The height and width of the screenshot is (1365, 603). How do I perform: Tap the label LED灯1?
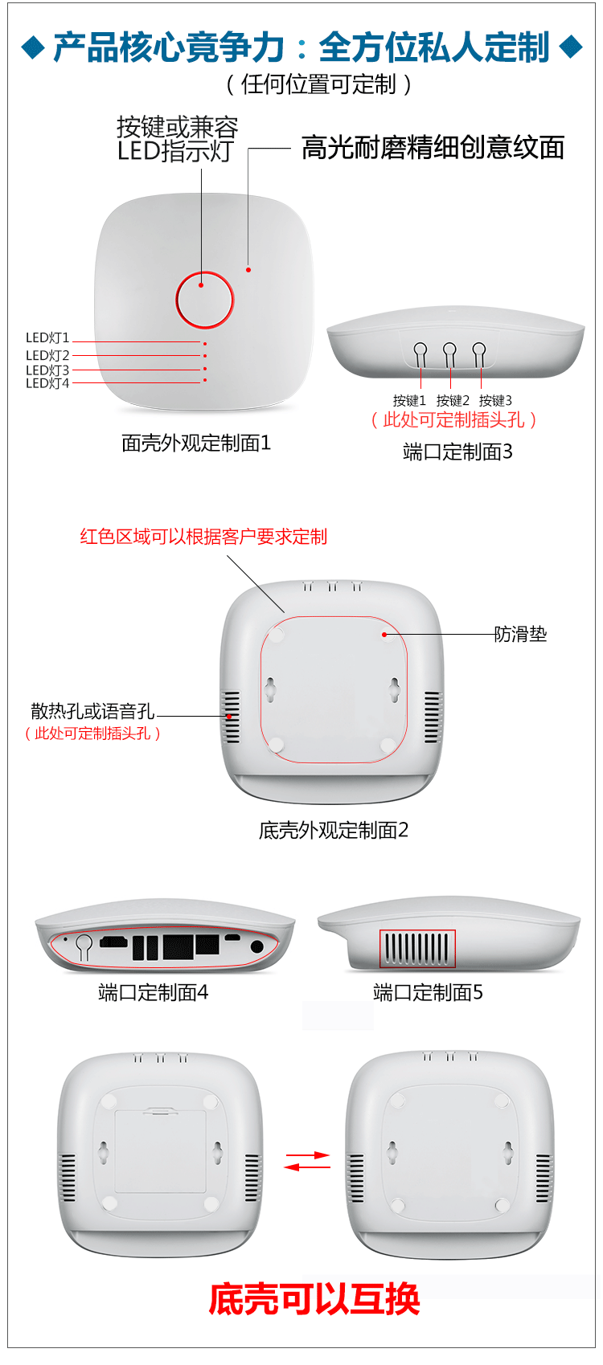pyautogui.click(x=47, y=338)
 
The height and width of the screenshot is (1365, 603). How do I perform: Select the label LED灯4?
pyautogui.click(x=47, y=384)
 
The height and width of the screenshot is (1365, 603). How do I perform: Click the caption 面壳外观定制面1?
pyautogui.click(x=196, y=443)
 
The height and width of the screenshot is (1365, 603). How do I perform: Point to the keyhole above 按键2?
pyautogui.click(x=449, y=351)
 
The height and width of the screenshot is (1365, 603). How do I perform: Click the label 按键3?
pyautogui.click(x=495, y=400)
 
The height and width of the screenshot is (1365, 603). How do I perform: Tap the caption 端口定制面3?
pyautogui.click(x=457, y=452)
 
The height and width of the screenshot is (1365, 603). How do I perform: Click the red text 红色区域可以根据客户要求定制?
pyautogui.click(x=203, y=537)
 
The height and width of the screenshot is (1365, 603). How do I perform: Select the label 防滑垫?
pyautogui.click(x=520, y=635)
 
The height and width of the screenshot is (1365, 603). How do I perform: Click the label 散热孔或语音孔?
pyautogui.click(x=92, y=711)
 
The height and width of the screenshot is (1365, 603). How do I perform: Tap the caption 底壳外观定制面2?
pyautogui.click(x=334, y=831)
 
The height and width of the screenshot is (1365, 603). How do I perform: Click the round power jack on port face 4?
pyautogui.click(x=257, y=946)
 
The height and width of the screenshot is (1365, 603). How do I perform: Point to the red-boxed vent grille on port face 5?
pyautogui.click(x=417, y=949)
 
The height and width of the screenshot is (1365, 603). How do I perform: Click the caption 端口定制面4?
pyautogui.click(x=153, y=993)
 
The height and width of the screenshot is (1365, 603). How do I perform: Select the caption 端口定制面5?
pyautogui.click(x=428, y=993)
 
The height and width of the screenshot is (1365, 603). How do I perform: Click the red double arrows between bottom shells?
pyautogui.click(x=307, y=1161)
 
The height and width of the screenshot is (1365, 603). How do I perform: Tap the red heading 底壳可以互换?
pyautogui.click(x=314, y=1299)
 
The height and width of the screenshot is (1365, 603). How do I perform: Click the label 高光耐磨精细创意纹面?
pyautogui.click(x=433, y=148)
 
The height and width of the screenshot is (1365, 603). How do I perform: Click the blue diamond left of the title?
pyautogui.click(x=33, y=47)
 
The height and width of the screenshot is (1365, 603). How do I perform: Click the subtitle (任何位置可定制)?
pyautogui.click(x=318, y=84)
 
